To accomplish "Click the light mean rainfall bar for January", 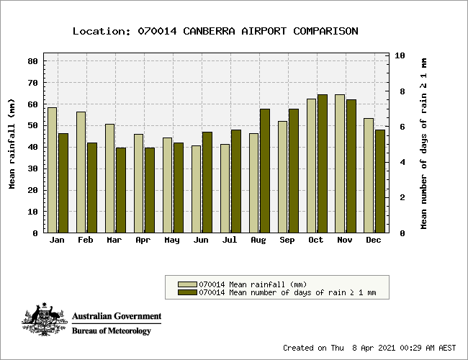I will (x=52, y=170).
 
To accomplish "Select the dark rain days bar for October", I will (x=323, y=163).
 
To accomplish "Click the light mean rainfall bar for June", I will (x=196, y=189).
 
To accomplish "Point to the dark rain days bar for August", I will (x=265, y=171).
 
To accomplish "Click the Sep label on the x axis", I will (x=287, y=240).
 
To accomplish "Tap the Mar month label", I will (x=114, y=240).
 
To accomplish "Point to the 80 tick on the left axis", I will (x=32, y=61).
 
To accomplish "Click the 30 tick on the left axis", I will (x=32, y=169).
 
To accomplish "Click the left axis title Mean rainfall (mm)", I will (x=12, y=144).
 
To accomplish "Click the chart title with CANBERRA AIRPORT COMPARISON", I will (x=215, y=31).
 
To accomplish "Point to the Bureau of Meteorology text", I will (x=112, y=331).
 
